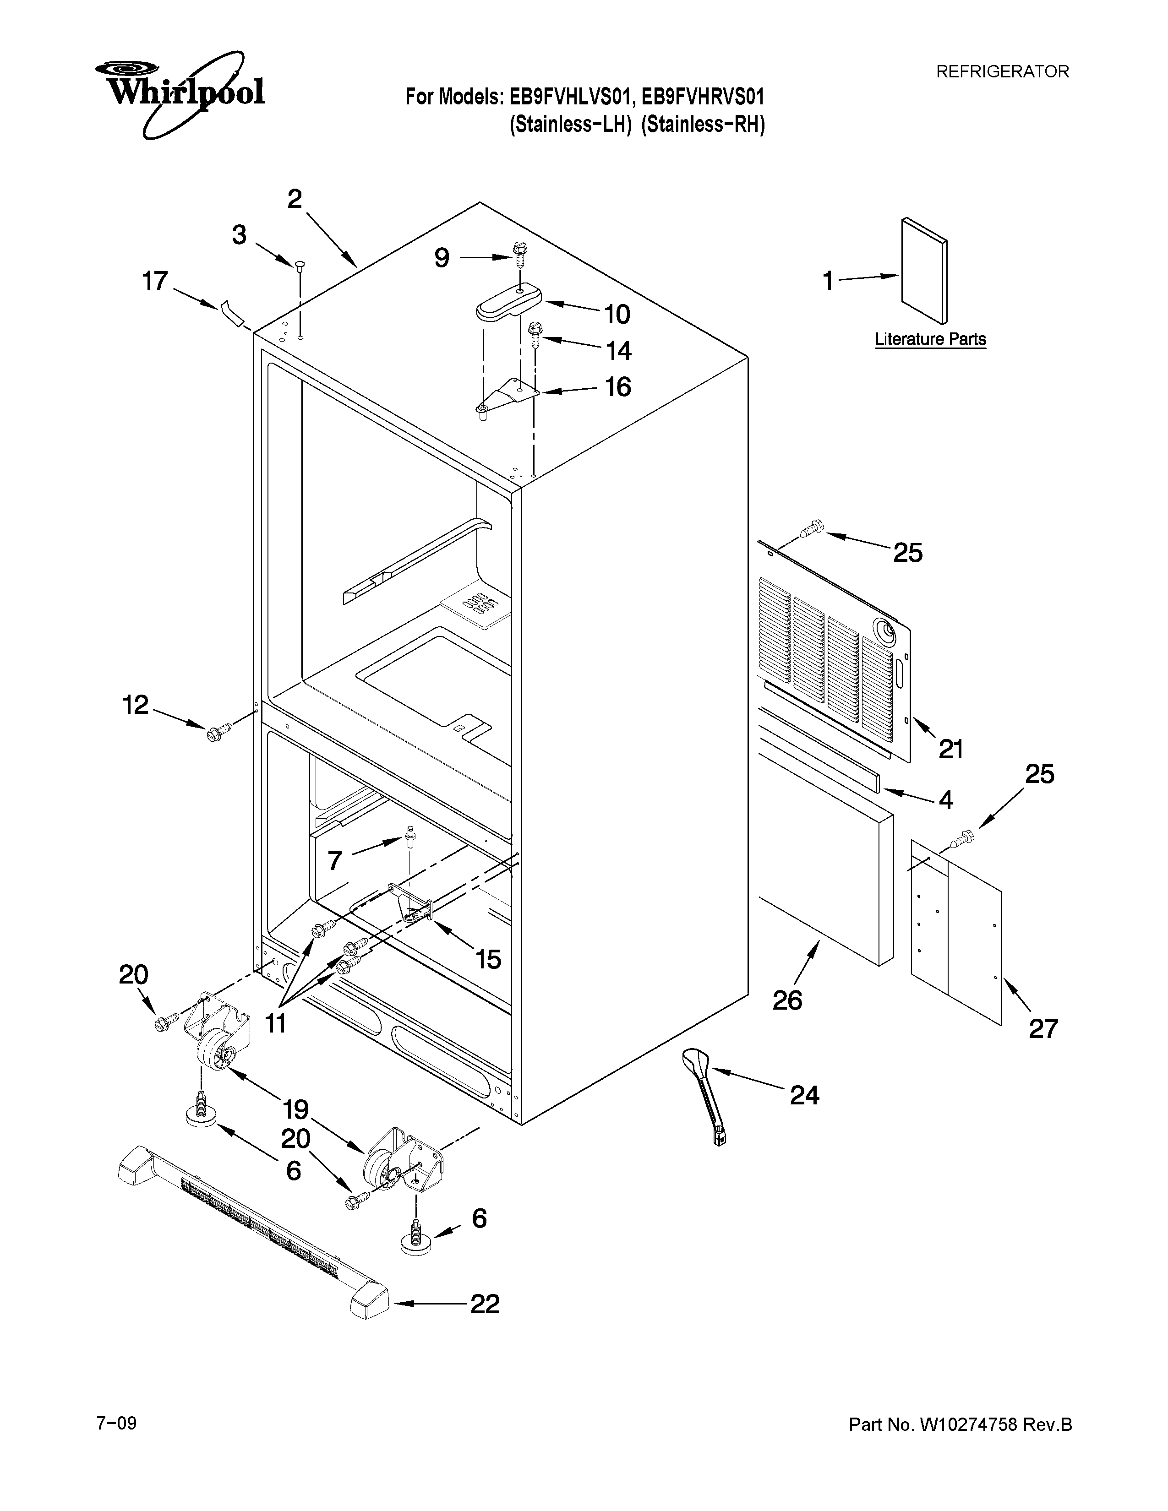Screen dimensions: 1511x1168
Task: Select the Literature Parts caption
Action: pos(930,339)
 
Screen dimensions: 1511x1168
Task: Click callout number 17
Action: pos(155,282)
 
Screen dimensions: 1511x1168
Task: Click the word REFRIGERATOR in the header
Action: pos(1002,71)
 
